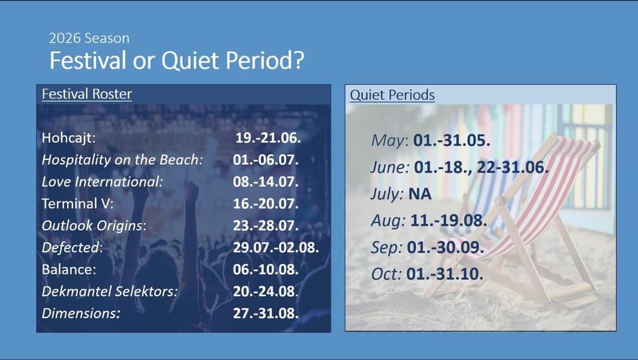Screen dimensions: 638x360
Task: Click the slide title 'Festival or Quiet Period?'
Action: [x=177, y=61]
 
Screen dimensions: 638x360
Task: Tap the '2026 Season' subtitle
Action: [x=89, y=39]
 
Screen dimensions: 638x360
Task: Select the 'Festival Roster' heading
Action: [x=86, y=94]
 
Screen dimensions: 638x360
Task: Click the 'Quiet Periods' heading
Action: [x=392, y=95]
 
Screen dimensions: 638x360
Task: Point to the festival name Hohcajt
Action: [x=68, y=138]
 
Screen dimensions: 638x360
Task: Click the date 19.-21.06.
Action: [x=268, y=137]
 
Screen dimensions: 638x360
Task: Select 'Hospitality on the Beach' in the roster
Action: [x=122, y=160]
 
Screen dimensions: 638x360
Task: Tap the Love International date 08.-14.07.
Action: [x=266, y=181]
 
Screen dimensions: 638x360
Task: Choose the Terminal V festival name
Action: [x=77, y=203]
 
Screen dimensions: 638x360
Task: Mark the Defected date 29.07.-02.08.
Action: [x=276, y=247]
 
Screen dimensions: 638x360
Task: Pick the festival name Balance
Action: [x=68, y=269]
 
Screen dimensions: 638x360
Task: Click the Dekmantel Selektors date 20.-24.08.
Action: [x=266, y=291]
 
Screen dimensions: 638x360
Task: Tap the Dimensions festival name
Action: [x=81, y=314]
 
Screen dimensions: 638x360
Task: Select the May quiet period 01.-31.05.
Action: [x=452, y=140]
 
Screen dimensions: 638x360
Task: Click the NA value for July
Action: [x=420, y=194]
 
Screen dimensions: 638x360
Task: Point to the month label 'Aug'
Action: [x=387, y=221]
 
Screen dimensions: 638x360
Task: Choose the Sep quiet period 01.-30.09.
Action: [x=445, y=247]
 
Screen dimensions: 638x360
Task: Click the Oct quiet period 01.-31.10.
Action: [x=445, y=274]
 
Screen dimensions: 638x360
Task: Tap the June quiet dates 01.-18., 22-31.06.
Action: [x=481, y=167]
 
